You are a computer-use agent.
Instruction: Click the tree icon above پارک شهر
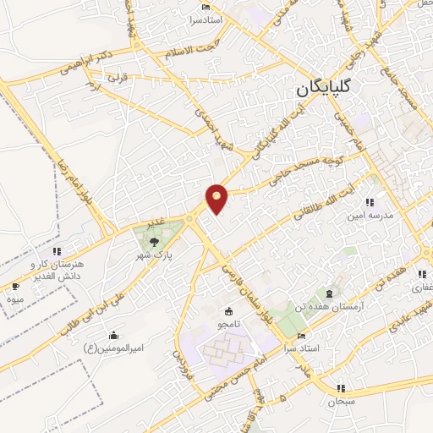[153, 242]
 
